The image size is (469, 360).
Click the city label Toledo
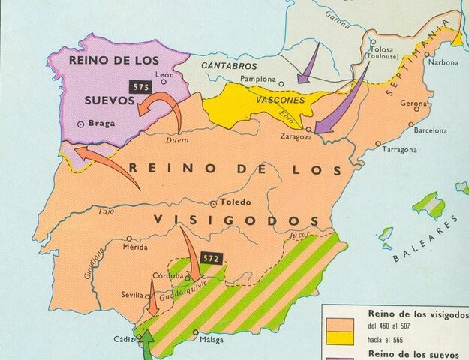[234, 202]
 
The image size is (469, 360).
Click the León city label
[165, 75]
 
